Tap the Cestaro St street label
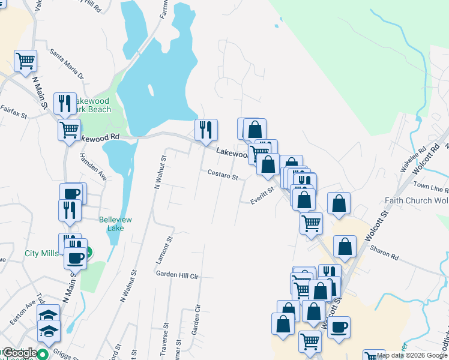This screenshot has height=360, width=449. click(x=223, y=177)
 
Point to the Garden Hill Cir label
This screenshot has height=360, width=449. click(x=177, y=275)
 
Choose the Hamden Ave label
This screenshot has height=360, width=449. click(x=92, y=167)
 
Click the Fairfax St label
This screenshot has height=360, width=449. click(x=14, y=111)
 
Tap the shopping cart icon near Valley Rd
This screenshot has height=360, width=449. click(x=25, y=60)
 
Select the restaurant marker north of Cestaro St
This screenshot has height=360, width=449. click(x=206, y=129)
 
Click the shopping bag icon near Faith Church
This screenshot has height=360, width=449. click(x=339, y=203)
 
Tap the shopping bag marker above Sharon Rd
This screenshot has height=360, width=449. click(x=345, y=245)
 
